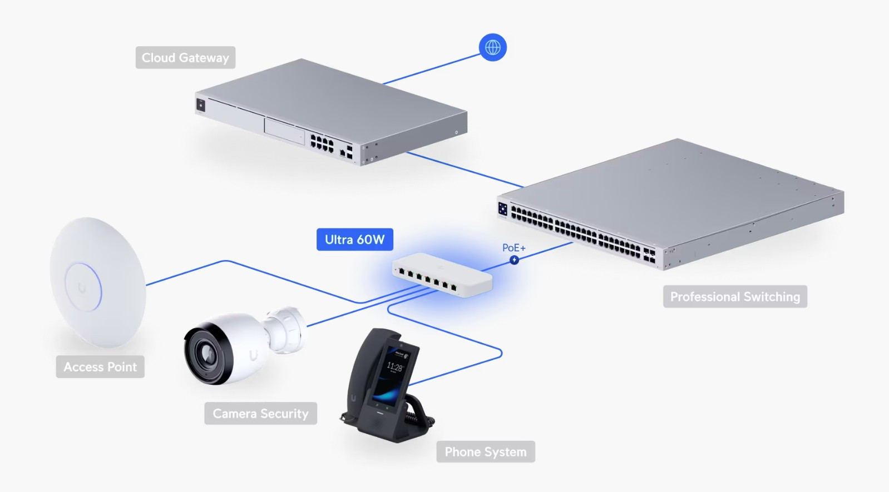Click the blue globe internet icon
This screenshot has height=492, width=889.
pyautogui.click(x=492, y=47)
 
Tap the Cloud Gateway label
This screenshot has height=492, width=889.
pyautogui.click(x=185, y=58)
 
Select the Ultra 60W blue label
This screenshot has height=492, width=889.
pyautogui.click(x=354, y=240)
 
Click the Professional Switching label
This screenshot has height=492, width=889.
pyautogui.click(x=734, y=297)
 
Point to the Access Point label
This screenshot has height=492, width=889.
pyautogui.click(x=100, y=367)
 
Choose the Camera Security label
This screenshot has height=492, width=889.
pyautogui.click(x=260, y=414)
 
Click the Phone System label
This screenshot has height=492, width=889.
pyautogui.click(x=485, y=452)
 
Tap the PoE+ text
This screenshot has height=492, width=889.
pyautogui.click(x=513, y=248)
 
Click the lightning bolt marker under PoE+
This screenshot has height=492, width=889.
pyautogui.click(x=514, y=260)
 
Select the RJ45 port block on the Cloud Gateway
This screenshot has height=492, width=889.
pyautogui.click(x=322, y=142)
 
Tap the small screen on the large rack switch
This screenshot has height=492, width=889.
pyautogui.click(x=503, y=208)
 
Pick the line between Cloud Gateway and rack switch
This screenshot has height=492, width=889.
pyautogui.click(x=465, y=170)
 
